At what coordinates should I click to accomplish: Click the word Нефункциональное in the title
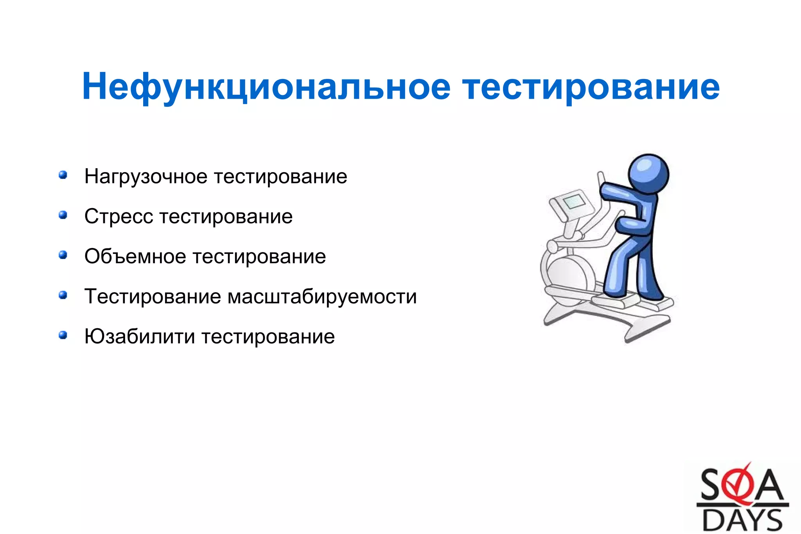coord(266,87)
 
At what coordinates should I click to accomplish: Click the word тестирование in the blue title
coord(591,87)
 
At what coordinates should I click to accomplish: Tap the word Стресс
coord(118,216)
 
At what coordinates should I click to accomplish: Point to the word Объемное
coord(135,257)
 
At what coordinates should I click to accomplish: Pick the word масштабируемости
coord(322,296)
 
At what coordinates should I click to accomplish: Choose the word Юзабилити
coord(139,336)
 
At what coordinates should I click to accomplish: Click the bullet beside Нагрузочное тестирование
coord(63,174)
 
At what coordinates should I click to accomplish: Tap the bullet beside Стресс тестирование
coord(63,215)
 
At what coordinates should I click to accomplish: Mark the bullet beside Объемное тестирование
coord(63,255)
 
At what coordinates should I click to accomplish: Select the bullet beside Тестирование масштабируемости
coord(63,295)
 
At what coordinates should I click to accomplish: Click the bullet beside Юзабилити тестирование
coord(63,335)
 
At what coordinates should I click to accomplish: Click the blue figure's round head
coord(648,174)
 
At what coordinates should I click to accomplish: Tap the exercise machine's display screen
coord(573,202)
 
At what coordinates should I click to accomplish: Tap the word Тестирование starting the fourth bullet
coord(153,296)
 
